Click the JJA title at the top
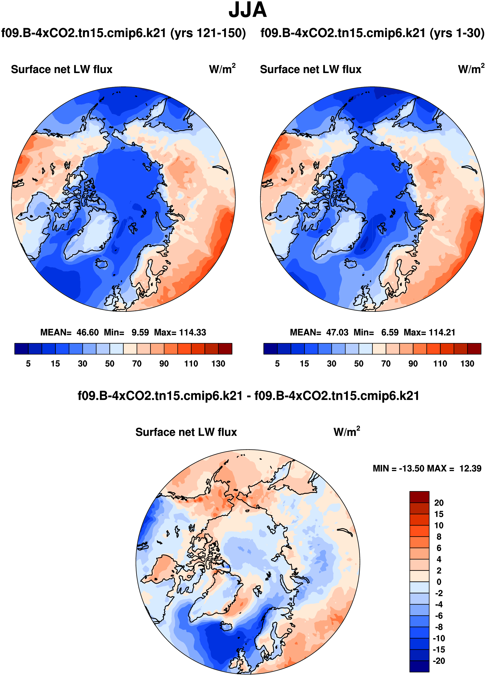(247, 10)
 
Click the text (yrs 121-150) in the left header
(208, 33)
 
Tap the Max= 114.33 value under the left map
(180, 332)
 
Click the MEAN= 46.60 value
(70, 332)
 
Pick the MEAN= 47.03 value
(319, 332)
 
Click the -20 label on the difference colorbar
(439, 661)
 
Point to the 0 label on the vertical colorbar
(439, 582)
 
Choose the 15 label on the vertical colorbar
(439, 514)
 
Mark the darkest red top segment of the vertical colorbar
(419, 497)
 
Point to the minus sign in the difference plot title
(248, 396)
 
